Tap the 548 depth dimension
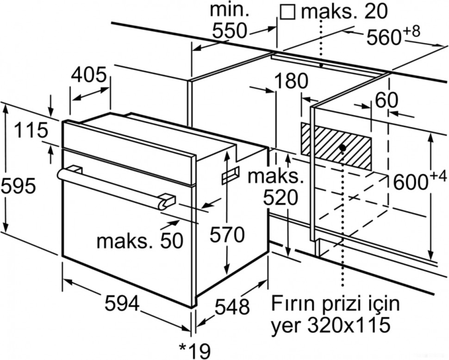(x=232, y=306)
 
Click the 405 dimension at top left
(x=90, y=74)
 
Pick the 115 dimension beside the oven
(x=31, y=130)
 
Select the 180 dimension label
(x=291, y=81)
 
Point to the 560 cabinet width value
(x=384, y=38)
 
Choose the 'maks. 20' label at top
(x=343, y=11)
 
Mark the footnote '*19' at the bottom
(x=193, y=349)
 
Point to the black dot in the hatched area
(x=342, y=148)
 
